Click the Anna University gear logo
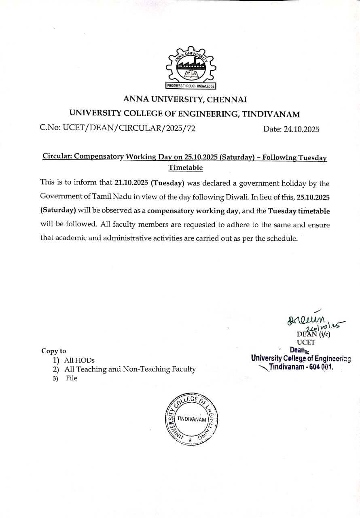pyautogui.click(x=191, y=66)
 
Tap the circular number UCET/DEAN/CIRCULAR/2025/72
pyautogui.click(x=117, y=128)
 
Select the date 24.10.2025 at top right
pyautogui.click(x=291, y=129)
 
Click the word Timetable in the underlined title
pyautogui.click(x=186, y=168)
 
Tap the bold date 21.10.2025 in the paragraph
pyautogui.click(x=132, y=183)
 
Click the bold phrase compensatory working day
pyautogui.click(x=194, y=211)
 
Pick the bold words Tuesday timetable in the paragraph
pyautogui.click(x=299, y=211)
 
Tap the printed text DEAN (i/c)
pyautogui.click(x=313, y=334)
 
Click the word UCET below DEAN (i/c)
pyautogui.click(x=306, y=342)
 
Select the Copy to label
pyautogui.click(x=53, y=351)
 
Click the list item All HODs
pyautogui.click(x=79, y=360)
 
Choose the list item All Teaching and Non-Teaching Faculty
pyautogui.click(x=130, y=369)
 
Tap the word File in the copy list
pyautogui.click(x=72, y=378)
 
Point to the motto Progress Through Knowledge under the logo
pyautogui.click(x=191, y=86)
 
